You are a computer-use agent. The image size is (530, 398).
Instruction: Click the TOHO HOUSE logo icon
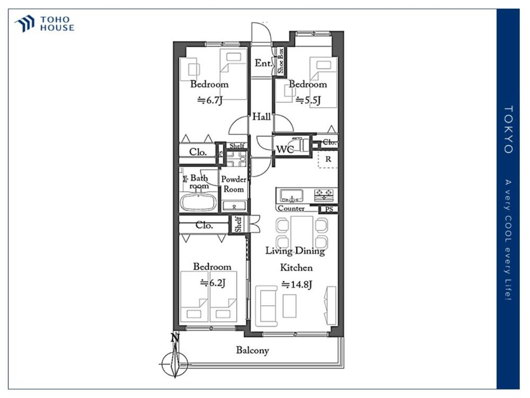tap(25, 24)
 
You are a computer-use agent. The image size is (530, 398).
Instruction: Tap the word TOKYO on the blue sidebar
tap(508, 129)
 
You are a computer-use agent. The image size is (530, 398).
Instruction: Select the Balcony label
tap(252, 350)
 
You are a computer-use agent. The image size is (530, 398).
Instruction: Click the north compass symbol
tap(174, 359)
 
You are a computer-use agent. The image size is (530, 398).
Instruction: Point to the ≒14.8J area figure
tap(296, 284)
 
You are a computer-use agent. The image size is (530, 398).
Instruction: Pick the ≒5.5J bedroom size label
tap(308, 100)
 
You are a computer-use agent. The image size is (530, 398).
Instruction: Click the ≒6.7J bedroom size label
tap(209, 100)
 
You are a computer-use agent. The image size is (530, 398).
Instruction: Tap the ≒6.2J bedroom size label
tap(213, 283)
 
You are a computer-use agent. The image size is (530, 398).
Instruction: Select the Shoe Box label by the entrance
tap(280, 60)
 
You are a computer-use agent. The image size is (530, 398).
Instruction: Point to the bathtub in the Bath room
tap(198, 202)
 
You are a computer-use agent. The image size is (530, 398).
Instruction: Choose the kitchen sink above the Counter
tap(291, 195)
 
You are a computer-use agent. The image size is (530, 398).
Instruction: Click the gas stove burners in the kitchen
tap(324, 194)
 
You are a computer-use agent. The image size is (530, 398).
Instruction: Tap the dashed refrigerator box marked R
tap(328, 159)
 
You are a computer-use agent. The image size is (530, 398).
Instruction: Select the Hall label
tap(262, 117)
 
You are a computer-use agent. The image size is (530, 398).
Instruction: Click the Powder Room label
tap(234, 184)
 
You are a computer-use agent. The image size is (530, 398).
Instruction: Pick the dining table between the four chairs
tap(302, 231)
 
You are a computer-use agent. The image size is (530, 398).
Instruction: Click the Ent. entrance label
tap(263, 63)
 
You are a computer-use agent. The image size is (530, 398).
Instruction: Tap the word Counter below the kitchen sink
tap(291, 209)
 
